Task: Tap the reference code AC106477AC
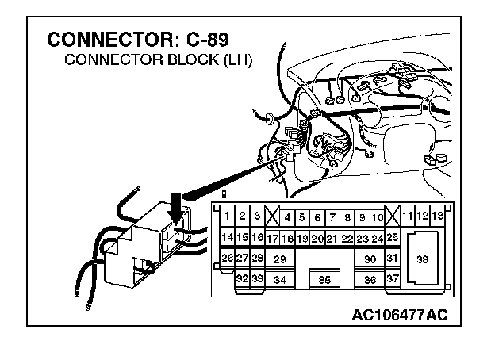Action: pyautogui.click(x=401, y=315)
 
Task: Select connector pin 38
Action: pyautogui.click(x=422, y=259)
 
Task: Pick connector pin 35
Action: pyautogui.click(x=324, y=279)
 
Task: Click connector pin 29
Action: pyautogui.click(x=279, y=259)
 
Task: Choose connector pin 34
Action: pyautogui.click(x=279, y=279)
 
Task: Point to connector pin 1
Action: pyautogui.click(x=227, y=216)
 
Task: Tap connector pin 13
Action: pyautogui.click(x=437, y=216)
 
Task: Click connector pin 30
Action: pyautogui.click(x=370, y=259)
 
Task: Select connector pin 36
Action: pyautogui.click(x=370, y=279)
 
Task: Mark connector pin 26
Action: pyautogui.click(x=227, y=259)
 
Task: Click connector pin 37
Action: pyautogui.click(x=392, y=278)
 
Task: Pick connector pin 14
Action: pyautogui.click(x=227, y=237)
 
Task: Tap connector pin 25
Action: pyautogui.click(x=392, y=237)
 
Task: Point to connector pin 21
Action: pyautogui.click(x=332, y=238)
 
